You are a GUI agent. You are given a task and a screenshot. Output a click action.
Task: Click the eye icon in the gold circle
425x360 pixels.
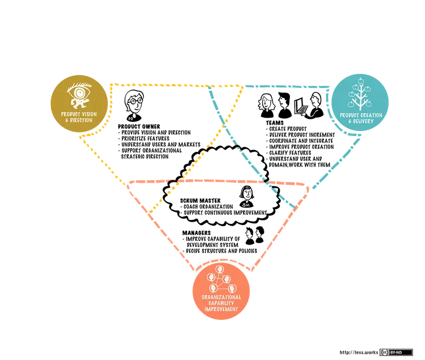79,95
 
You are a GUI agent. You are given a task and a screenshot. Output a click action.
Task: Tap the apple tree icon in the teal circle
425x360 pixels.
360,94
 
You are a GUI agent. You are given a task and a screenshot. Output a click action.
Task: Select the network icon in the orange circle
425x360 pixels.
221,279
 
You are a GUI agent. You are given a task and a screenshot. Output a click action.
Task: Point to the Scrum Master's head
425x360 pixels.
246,193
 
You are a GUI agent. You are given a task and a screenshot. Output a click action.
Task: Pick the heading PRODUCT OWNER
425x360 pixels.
139,126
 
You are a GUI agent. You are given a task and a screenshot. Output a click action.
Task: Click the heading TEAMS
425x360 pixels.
275,123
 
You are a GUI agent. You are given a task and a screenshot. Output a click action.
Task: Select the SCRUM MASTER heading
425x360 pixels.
200,200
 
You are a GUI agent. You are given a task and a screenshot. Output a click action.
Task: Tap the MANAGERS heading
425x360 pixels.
196,233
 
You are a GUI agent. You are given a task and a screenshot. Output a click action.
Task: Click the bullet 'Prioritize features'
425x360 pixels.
144,138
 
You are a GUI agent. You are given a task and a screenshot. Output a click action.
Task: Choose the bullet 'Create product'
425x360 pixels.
286,129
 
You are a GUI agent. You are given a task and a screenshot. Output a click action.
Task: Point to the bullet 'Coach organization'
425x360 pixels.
207,206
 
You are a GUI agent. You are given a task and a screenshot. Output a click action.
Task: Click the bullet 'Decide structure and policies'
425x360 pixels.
220,251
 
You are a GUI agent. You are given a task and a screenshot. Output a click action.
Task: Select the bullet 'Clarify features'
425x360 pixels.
288,153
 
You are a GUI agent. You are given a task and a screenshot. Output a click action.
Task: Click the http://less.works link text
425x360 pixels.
358,353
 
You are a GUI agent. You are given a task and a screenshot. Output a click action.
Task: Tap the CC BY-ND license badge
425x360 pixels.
396,352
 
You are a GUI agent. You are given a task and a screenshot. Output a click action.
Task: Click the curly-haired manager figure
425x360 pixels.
260,235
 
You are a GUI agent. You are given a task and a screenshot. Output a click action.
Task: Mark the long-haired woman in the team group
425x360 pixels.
266,106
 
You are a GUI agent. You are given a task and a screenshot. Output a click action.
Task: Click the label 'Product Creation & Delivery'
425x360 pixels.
361,118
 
